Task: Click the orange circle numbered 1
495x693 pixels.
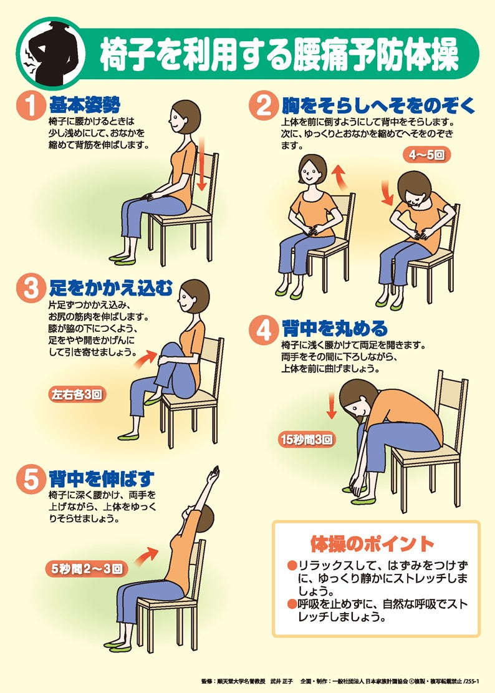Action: click(31, 105)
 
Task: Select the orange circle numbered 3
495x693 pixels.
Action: click(31, 288)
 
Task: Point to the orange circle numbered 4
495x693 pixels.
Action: click(264, 330)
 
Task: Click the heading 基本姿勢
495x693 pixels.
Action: click(85, 105)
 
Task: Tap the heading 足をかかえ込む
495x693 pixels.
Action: click(111, 288)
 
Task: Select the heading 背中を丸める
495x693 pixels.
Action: click(335, 329)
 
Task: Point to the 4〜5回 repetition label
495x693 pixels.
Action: click(426, 155)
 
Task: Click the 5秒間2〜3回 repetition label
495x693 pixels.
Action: click(87, 568)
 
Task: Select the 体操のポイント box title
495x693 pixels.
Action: click(372, 544)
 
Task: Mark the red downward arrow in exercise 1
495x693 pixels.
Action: click(202, 163)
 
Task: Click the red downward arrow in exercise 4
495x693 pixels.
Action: click(331, 407)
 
